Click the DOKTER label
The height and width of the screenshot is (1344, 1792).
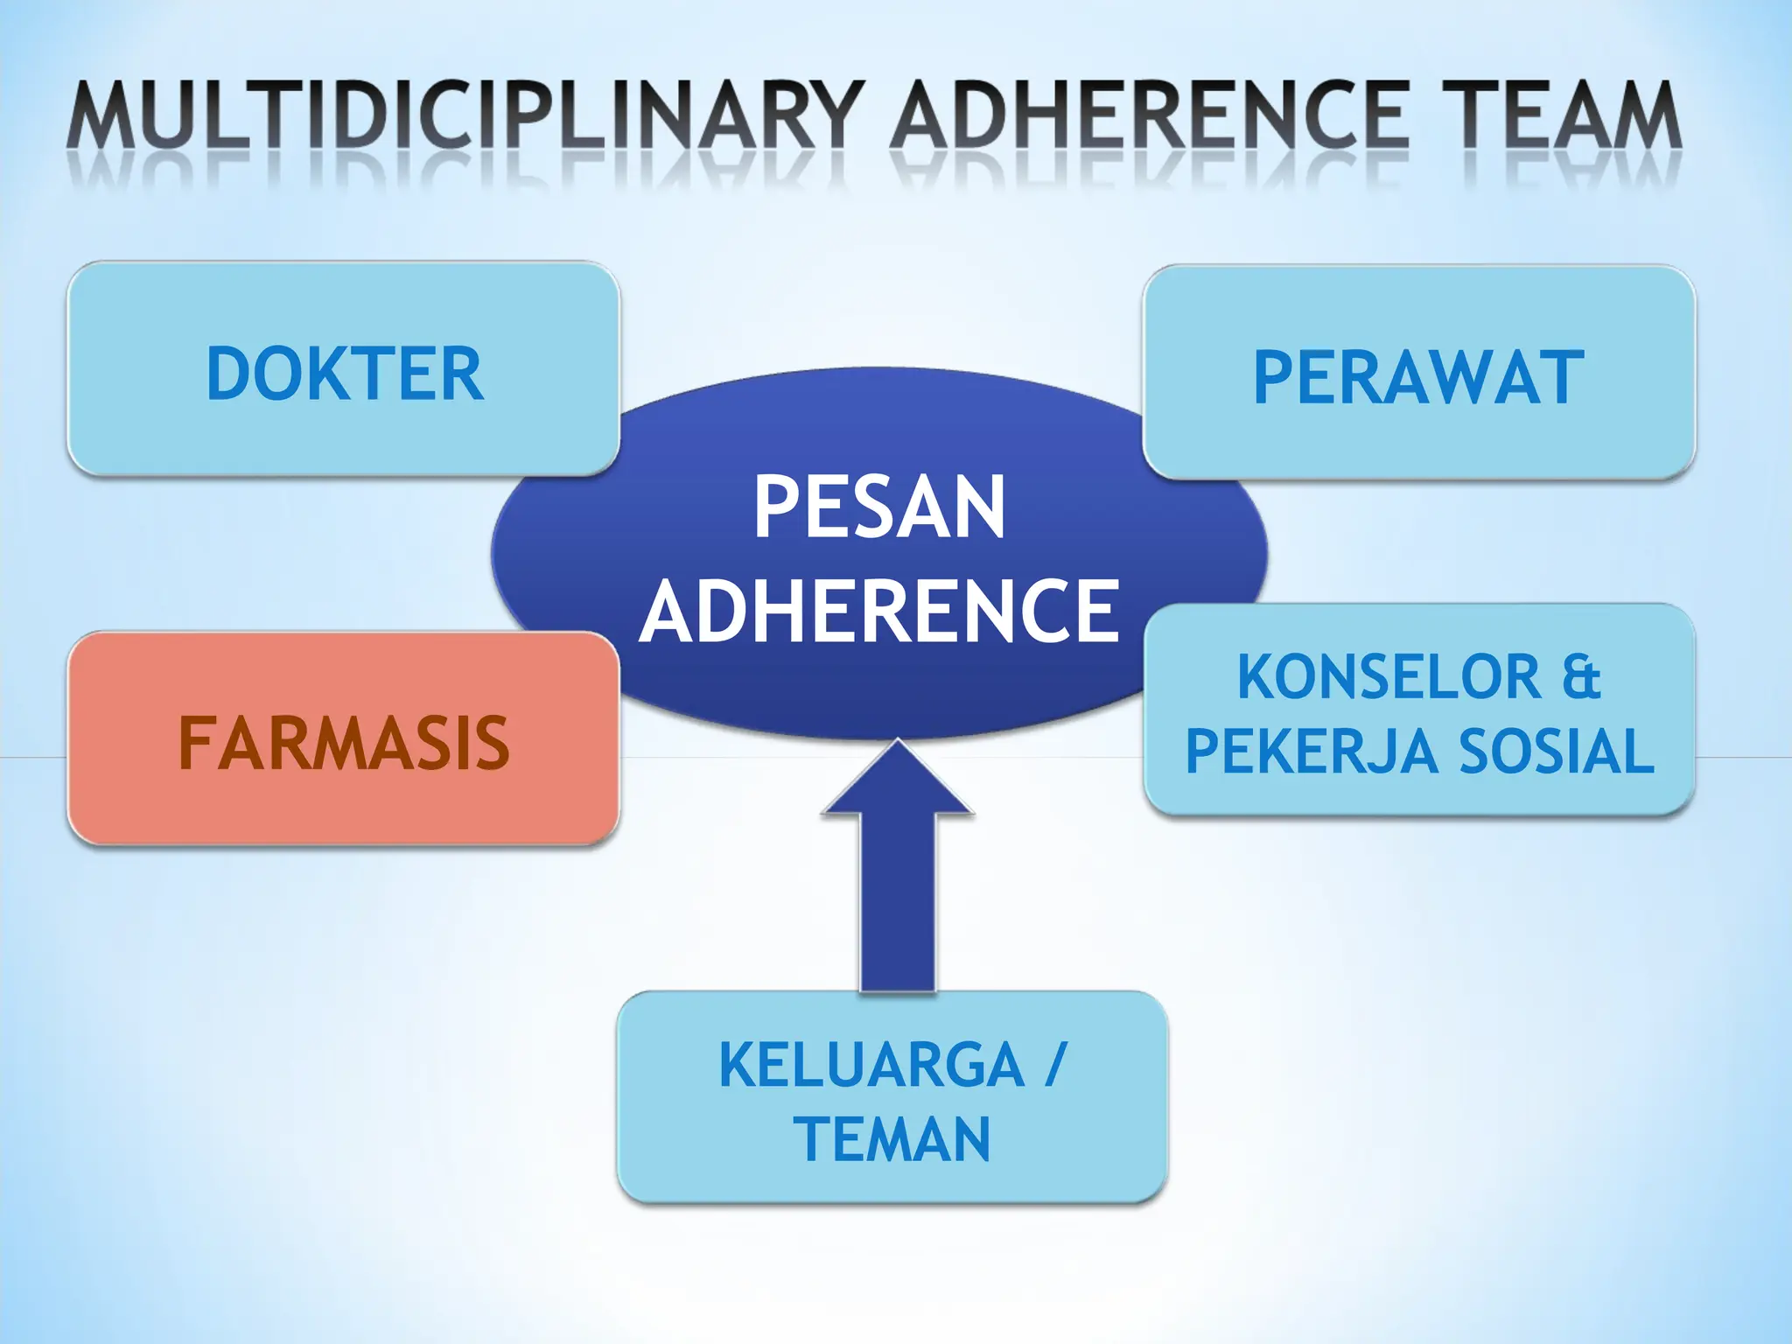(x=345, y=374)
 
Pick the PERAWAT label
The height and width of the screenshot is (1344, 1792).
(x=1418, y=378)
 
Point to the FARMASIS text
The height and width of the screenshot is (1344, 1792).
(x=344, y=744)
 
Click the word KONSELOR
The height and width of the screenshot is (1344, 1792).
(x=1389, y=677)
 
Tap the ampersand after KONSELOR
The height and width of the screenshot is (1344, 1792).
(x=1580, y=677)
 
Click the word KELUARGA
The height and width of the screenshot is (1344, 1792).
(x=871, y=1066)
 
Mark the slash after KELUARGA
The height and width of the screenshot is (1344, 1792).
(x=1057, y=1066)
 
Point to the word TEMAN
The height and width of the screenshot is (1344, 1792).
(x=892, y=1139)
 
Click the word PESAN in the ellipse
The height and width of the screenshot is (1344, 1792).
(x=879, y=507)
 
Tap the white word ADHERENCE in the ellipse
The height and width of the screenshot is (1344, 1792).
(x=879, y=611)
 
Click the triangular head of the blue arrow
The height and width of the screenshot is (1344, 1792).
(x=897, y=783)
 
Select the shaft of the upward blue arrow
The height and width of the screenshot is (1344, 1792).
(x=897, y=901)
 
